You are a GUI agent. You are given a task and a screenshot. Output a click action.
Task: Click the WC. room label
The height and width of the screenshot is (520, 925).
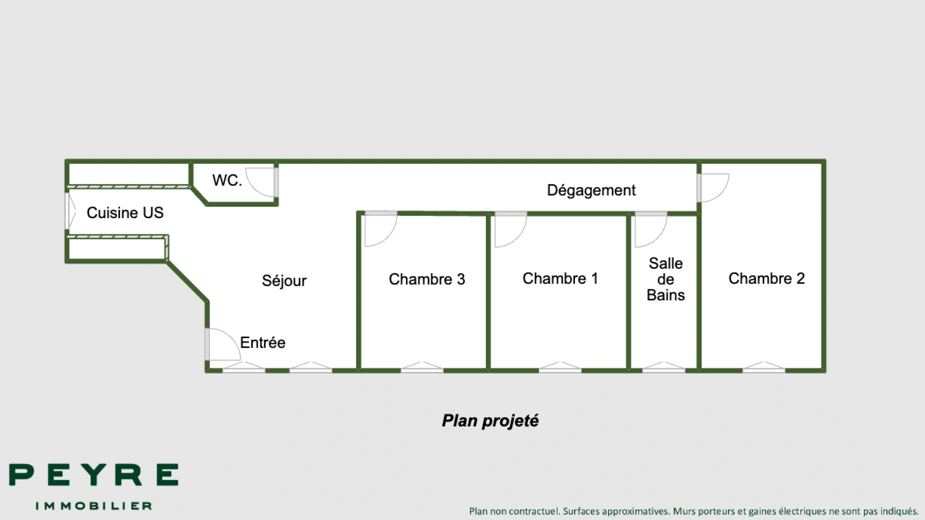227,180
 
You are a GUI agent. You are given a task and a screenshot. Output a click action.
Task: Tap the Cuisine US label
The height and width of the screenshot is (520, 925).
125,213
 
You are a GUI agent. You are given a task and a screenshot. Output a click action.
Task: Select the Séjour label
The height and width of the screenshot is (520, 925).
284,281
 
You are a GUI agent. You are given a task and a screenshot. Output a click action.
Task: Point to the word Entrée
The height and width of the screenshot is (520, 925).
262,343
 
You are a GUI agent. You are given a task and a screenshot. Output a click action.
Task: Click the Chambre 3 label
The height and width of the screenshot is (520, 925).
427,279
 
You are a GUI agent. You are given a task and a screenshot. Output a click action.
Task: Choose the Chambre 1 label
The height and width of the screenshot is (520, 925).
560,278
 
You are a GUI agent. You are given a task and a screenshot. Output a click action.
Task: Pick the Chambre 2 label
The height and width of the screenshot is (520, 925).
766,278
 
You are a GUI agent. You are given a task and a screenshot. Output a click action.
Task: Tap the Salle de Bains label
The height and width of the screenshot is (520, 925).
665,279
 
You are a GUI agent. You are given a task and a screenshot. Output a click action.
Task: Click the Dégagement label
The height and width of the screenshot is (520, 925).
591,190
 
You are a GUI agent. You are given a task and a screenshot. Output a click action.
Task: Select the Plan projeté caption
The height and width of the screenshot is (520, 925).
490,421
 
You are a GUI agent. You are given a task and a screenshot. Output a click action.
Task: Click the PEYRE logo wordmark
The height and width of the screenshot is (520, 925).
94,475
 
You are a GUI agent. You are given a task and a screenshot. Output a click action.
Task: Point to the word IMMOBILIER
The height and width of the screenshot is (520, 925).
94,506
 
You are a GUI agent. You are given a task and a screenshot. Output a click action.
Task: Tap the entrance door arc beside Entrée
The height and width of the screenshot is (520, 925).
222,344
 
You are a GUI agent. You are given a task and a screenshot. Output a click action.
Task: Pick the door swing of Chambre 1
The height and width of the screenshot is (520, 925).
510,230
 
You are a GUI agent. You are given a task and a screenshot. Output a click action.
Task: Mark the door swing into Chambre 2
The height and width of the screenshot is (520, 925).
714,187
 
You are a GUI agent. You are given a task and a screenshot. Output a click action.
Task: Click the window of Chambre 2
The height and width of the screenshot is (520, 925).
764,368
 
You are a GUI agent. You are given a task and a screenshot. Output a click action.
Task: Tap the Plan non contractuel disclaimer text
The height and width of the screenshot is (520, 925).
694,511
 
